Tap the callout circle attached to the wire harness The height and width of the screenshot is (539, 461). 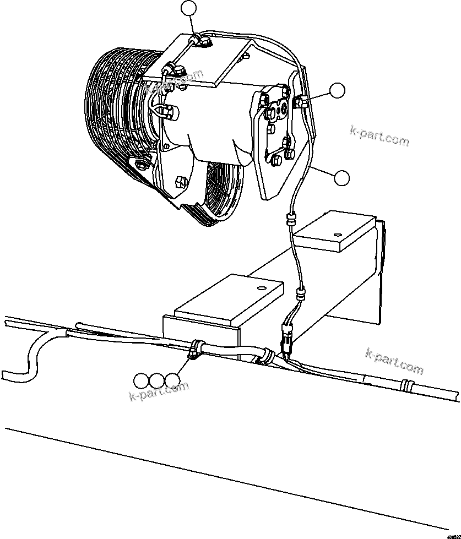pos(341,177)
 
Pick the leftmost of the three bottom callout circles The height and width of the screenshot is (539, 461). pos(141,380)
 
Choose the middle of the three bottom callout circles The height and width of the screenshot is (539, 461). pos(157,380)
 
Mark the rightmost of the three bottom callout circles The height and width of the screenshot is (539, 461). pos(173,380)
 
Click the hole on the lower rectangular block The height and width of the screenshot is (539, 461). pos(258,287)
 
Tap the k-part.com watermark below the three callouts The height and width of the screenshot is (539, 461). pos(159,391)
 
